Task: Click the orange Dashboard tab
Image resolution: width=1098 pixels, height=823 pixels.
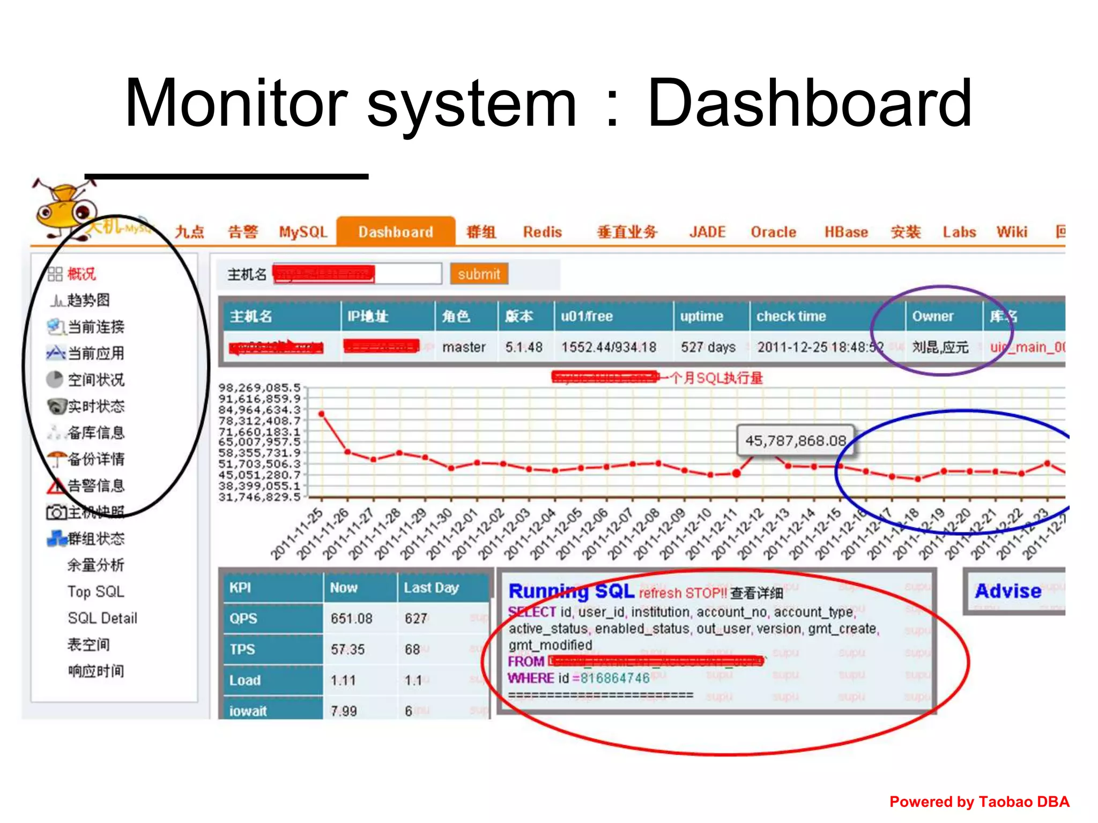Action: point(396,232)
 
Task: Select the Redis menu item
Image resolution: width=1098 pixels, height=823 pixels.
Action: point(542,232)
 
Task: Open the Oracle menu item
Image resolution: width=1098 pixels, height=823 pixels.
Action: point(773,232)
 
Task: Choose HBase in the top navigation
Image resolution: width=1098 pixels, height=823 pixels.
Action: point(846,232)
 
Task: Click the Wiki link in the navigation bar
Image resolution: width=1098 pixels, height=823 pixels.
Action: point(1012,232)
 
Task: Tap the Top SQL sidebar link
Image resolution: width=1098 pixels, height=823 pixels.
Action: point(95,592)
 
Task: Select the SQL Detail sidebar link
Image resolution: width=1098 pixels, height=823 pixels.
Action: point(102,618)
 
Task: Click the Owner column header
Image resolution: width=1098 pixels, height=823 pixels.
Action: point(933,316)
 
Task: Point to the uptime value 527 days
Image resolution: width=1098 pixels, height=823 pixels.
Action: point(708,347)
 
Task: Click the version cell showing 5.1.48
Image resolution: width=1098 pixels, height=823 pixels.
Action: point(524,347)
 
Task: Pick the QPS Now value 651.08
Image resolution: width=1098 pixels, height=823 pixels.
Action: point(351,619)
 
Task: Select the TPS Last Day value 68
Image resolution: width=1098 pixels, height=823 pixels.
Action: point(412,649)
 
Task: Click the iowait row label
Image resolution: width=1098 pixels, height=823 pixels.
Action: point(248,711)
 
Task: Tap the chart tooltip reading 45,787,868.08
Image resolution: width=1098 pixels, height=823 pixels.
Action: point(796,440)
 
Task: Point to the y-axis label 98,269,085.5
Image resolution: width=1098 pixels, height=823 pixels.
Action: point(259,387)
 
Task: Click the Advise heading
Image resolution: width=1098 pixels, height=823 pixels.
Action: point(1008,590)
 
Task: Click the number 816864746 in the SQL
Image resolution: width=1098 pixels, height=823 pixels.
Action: point(615,678)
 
